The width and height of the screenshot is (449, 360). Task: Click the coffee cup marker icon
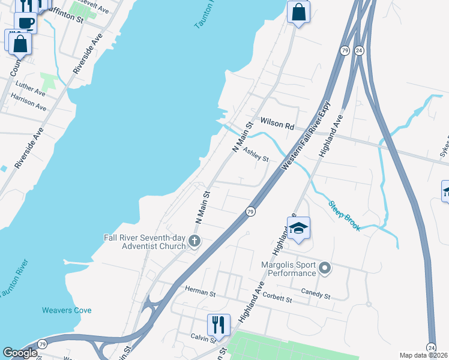click(x=26, y=23)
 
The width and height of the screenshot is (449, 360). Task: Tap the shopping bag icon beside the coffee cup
click(x=20, y=43)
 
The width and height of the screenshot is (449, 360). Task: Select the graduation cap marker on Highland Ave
click(x=298, y=229)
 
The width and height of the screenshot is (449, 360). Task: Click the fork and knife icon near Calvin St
click(x=218, y=325)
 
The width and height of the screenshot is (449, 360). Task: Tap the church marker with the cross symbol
click(x=193, y=241)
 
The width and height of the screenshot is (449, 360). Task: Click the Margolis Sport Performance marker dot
click(x=325, y=268)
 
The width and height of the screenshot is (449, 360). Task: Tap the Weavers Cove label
click(x=67, y=310)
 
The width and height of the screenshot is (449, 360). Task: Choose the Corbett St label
click(x=277, y=298)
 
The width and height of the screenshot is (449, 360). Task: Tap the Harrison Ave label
click(x=28, y=103)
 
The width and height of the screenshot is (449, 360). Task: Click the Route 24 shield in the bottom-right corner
click(x=431, y=347)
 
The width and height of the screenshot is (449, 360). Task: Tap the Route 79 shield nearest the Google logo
click(x=42, y=344)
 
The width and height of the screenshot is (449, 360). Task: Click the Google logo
click(x=20, y=353)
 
